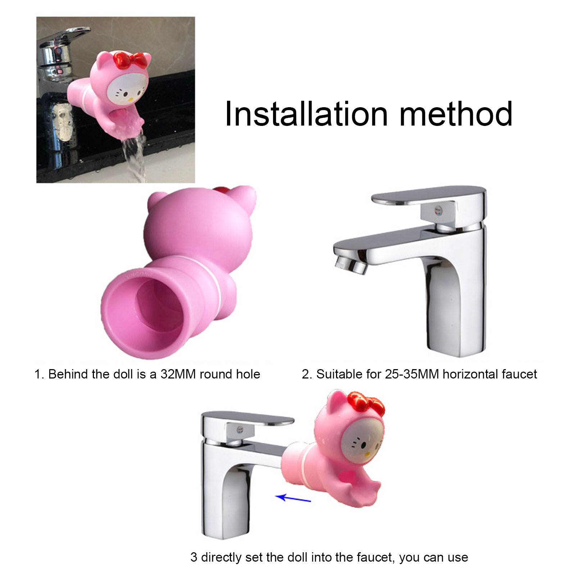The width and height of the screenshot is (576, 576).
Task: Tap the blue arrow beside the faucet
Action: tap(293, 498)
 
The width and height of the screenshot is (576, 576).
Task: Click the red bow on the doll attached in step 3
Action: tap(367, 402)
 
